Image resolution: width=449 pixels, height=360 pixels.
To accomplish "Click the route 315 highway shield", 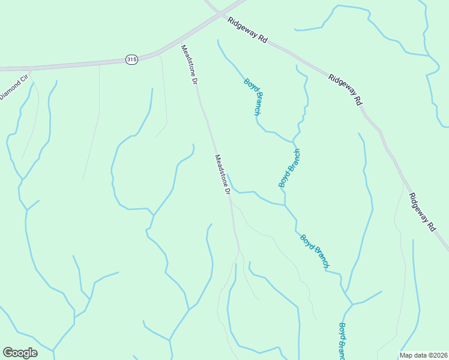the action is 131,59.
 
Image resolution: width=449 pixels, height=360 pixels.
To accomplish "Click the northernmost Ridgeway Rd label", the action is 247,28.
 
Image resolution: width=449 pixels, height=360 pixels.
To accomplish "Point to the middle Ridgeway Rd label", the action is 345,90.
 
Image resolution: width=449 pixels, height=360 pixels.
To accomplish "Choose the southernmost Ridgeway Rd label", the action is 422,212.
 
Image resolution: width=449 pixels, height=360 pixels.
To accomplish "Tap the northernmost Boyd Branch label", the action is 253,96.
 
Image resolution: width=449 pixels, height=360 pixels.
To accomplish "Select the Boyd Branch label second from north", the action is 289,168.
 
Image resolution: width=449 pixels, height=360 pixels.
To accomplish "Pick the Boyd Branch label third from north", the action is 315,251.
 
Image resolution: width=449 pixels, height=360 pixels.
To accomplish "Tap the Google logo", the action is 20,353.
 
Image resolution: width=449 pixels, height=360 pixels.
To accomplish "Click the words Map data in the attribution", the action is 413,355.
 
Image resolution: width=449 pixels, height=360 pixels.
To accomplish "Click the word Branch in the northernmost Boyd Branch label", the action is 256,103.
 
